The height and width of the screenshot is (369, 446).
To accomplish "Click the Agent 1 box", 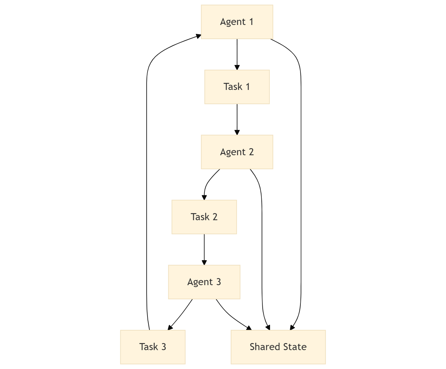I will click(237, 22).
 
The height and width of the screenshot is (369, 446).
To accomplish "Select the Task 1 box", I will click(237, 87).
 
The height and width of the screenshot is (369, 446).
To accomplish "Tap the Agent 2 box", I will click(237, 152).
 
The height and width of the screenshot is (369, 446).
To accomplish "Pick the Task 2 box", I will click(204, 217).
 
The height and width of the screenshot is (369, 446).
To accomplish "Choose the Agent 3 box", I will click(204, 282).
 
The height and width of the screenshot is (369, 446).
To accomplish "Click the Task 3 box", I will click(153, 347).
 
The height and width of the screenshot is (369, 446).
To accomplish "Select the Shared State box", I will click(278, 347).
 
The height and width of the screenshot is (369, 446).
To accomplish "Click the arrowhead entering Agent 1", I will click(198, 36).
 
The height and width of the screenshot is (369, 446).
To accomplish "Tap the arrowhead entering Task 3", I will click(170, 327).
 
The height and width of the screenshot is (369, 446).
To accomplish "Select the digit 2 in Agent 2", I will click(251, 152).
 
